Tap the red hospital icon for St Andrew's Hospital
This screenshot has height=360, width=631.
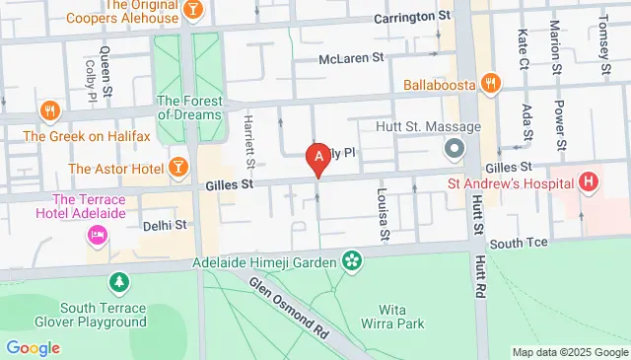(x=589, y=181)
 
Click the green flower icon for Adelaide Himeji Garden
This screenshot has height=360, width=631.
(x=350, y=260)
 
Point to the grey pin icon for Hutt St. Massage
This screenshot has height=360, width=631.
(x=455, y=150)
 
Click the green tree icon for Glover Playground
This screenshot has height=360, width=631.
(x=119, y=283)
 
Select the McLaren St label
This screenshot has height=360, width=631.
(x=350, y=58)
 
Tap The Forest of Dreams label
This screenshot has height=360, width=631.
(x=190, y=107)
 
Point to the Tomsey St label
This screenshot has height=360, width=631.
(x=600, y=36)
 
